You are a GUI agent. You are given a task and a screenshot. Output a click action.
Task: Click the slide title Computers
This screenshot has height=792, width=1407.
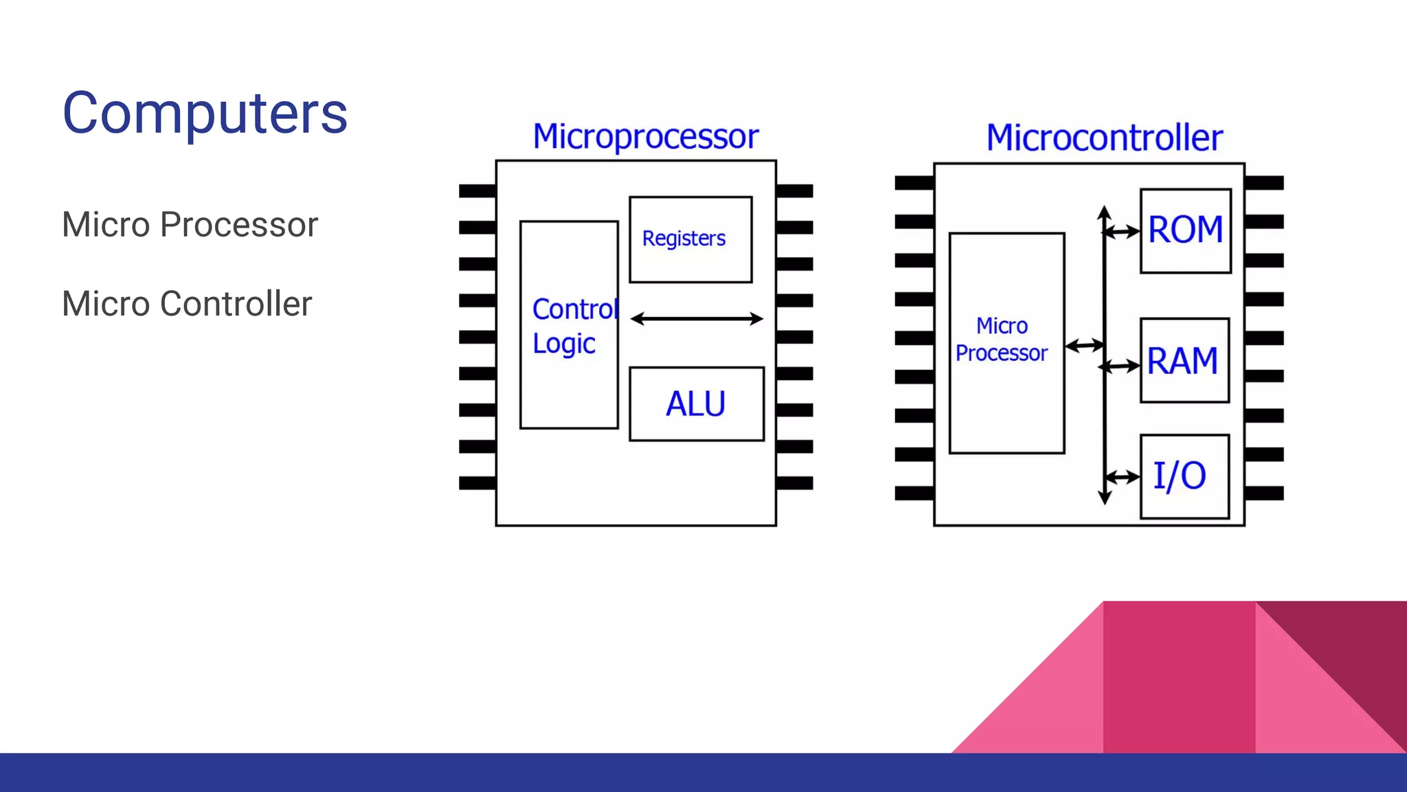tap(205, 113)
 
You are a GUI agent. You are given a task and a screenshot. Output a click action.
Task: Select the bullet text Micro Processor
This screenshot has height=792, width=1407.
tap(190, 225)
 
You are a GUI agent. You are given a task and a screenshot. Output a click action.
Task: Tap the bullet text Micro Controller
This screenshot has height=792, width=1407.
tap(187, 304)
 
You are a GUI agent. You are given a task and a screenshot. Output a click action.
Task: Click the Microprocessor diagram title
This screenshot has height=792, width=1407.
tap(645, 136)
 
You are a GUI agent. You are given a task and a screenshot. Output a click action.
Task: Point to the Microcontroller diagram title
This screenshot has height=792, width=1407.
tap(1104, 137)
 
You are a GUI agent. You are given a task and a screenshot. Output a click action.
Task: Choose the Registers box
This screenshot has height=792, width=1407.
tap(690, 239)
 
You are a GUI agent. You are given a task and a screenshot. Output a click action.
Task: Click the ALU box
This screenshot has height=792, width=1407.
tap(696, 404)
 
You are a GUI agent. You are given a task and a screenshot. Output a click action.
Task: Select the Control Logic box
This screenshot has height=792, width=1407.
tap(569, 325)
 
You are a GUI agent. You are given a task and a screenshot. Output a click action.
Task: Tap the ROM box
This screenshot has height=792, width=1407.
tap(1185, 230)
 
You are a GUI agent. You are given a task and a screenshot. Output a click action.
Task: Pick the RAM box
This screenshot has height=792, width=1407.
tap(1184, 360)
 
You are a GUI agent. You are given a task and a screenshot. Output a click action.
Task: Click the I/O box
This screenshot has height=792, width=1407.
tap(1184, 476)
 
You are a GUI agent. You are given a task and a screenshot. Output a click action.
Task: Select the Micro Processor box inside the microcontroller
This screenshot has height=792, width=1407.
tap(1006, 342)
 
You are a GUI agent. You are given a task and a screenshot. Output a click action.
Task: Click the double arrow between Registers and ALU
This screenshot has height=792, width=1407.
tap(696, 318)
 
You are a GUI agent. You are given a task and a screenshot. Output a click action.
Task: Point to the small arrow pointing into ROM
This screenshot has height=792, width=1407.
tap(1122, 232)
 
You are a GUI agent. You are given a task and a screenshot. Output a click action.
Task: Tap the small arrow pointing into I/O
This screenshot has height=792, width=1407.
tap(1123, 477)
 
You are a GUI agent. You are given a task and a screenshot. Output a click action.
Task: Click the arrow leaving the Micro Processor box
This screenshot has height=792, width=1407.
tap(1084, 345)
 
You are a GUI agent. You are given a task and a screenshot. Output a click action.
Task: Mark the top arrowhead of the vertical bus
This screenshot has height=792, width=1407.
tap(1104, 212)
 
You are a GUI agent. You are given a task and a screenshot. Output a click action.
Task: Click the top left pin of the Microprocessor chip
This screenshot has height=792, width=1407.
tap(477, 190)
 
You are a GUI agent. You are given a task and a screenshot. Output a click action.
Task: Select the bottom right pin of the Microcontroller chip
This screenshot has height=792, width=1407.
tap(1263, 493)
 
